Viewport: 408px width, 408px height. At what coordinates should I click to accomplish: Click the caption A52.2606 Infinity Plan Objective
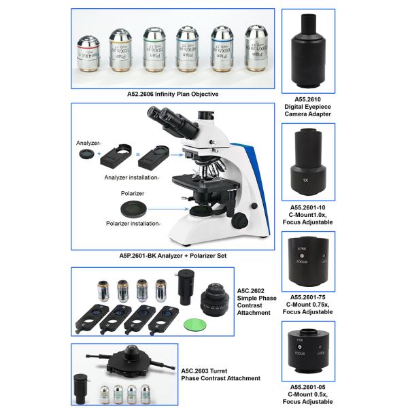pos(173,94)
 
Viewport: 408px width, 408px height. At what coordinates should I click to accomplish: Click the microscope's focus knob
pos(240,221)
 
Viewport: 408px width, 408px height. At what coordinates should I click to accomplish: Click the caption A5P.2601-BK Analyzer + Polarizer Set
pos(173,256)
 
